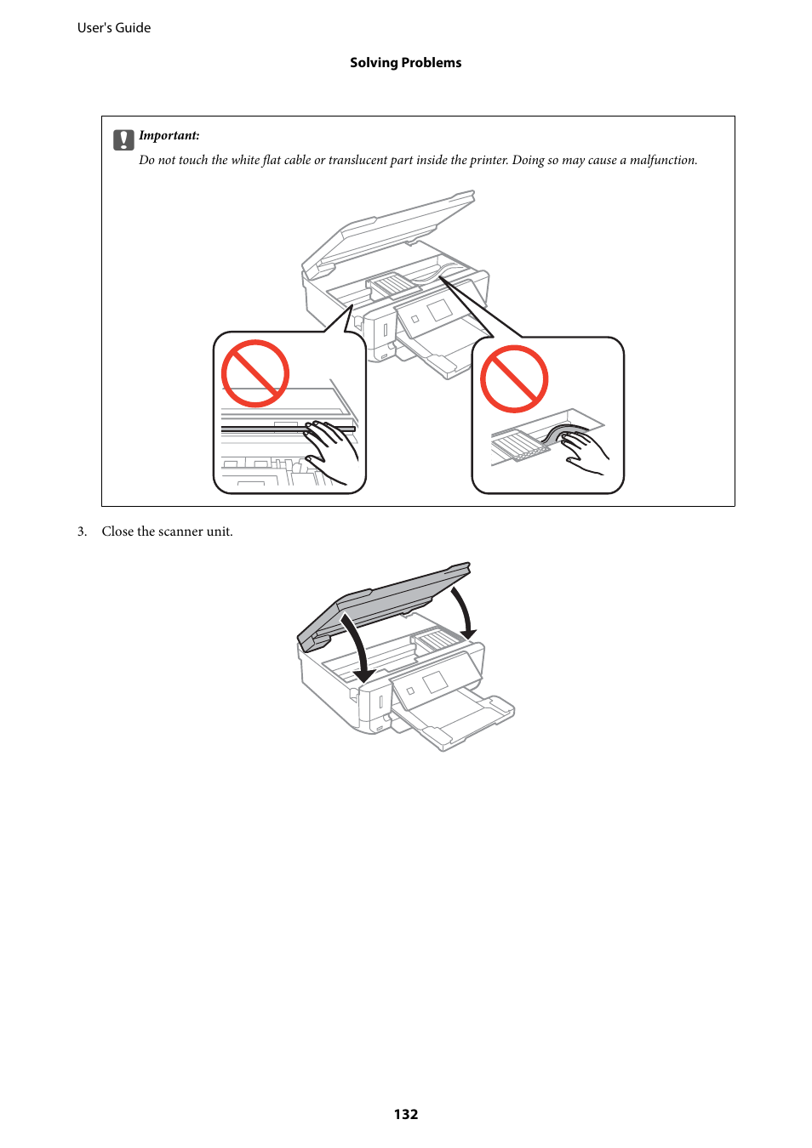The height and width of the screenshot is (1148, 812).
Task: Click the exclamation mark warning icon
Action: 123,140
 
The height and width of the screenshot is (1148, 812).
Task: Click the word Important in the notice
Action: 168,136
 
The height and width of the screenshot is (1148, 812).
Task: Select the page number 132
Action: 406,1114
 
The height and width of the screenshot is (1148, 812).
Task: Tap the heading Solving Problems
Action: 405,63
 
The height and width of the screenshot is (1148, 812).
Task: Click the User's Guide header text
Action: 114,28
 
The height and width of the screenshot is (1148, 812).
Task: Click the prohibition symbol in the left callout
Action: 255,374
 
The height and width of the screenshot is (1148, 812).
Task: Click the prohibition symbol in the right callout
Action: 514,379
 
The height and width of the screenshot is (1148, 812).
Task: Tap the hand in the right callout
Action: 583,451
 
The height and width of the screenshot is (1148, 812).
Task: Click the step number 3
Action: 82,531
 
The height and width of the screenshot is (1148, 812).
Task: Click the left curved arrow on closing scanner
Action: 358,651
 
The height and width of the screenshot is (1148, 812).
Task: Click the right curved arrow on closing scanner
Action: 464,612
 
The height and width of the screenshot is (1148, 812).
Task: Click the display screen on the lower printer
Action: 435,682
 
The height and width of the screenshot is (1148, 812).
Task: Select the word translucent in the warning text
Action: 357,161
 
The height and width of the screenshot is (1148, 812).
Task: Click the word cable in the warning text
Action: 297,161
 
